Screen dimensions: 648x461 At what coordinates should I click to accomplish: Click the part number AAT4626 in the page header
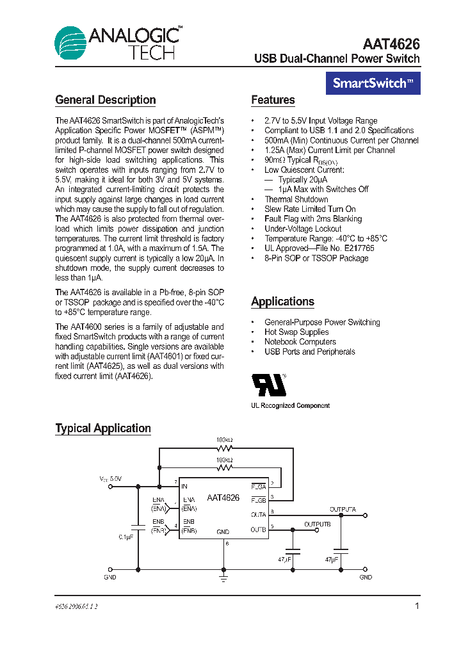[391, 44]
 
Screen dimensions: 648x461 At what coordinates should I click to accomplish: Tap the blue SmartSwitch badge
[373, 83]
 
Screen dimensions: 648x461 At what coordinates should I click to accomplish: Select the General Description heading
[106, 100]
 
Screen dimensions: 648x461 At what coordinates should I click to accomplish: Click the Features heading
[273, 100]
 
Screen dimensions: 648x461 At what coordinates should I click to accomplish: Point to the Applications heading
[282, 302]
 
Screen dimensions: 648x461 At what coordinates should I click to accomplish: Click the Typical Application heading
[103, 428]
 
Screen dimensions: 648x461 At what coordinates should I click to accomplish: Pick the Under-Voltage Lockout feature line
[303, 229]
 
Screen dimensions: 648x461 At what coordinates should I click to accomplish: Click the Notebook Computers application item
[300, 342]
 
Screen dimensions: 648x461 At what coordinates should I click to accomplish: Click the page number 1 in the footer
[417, 606]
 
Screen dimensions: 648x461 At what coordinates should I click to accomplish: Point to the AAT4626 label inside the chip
[223, 498]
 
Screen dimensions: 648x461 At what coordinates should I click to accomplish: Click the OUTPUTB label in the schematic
[318, 524]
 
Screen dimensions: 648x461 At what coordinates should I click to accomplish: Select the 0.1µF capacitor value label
[125, 537]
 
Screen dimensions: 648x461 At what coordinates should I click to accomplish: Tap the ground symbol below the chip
[223, 578]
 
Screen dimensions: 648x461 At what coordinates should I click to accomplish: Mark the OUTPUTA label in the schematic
[343, 509]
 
